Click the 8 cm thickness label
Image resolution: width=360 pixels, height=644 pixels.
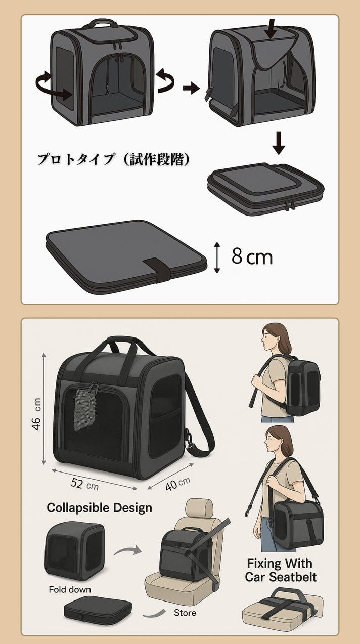(x=252, y=256)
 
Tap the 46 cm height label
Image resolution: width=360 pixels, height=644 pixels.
(x=36, y=414)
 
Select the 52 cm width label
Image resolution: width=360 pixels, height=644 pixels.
(x=84, y=484)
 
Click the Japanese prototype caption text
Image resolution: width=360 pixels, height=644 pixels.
(x=114, y=159)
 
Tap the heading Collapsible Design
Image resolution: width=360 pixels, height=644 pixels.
(x=100, y=508)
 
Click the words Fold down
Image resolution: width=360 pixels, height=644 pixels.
(x=70, y=589)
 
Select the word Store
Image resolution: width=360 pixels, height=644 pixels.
(x=185, y=612)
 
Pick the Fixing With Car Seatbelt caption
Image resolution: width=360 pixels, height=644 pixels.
(x=281, y=570)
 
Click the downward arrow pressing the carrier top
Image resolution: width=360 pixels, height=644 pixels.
(x=270, y=29)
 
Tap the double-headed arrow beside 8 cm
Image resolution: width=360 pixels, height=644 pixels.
(x=217, y=257)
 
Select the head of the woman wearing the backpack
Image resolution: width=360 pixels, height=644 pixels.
(x=276, y=338)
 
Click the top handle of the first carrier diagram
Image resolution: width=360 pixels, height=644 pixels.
(x=100, y=23)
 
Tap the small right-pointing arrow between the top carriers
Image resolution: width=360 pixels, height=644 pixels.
(x=191, y=88)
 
